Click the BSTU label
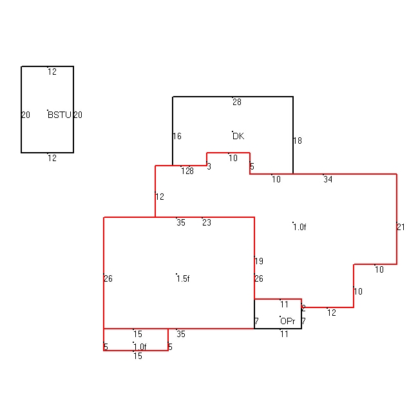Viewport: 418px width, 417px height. click(59, 115)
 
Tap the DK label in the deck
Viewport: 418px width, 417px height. click(238, 137)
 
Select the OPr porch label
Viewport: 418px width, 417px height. click(288, 321)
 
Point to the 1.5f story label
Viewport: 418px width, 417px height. click(183, 279)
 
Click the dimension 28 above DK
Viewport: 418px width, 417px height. click(237, 102)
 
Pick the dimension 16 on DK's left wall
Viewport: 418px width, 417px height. click(177, 137)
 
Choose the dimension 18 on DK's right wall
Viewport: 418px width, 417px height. click(298, 141)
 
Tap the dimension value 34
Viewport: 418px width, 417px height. click(328, 179)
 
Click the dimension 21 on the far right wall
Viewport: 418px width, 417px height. click(401, 227)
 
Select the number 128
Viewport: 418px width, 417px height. click(187, 171)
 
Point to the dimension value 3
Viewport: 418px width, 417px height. click(209, 166)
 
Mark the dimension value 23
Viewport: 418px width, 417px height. click(207, 222)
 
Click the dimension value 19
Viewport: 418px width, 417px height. click(259, 261)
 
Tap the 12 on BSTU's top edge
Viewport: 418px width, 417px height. click(52, 72)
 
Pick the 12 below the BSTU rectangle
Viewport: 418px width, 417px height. click(52, 158)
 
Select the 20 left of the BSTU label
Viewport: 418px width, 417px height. click(26, 115)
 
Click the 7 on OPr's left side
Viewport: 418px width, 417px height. click(256, 321)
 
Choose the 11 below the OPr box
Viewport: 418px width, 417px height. click(285, 334)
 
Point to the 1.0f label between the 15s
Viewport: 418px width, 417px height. click(140, 347)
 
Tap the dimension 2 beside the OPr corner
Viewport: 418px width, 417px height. click(303, 309)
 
